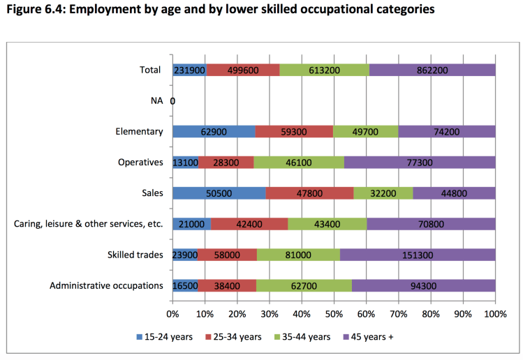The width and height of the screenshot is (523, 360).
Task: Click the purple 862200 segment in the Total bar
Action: pyautogui.click(x=432, y=70)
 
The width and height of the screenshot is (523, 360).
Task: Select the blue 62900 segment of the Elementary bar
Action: pyautogui.click(x=214, y=131)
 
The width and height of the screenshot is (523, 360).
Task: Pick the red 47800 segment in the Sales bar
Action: pyautogui.click(x=309, y=193)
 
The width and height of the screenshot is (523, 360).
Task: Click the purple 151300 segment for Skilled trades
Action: pyautogui.click(x=418, y=255)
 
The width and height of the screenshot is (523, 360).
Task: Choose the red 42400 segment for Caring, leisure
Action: pyautogui.click(x=249, y=224)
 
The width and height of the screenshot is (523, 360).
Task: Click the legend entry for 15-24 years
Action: pyautogui.click(x=164, y=337)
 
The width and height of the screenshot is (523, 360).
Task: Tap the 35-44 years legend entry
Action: pyautogui.click(x=301, y=337)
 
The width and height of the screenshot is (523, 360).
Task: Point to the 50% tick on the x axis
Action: pyautogui.click(x=334, y=313)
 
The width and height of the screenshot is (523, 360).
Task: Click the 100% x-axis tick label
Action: pyautogui.click(x=495, y=313)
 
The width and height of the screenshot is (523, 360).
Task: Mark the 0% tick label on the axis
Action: pyautogui.click(x=172, y=313)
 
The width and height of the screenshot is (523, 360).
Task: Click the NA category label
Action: pyautogui.click(x=156, y=100)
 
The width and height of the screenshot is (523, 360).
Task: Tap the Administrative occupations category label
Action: pyautogui.click(x=106, y=285)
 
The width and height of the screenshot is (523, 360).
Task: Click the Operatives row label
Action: pyautogui.click(x=140, y=162)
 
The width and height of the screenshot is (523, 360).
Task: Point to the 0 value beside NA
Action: pyautogui.click(x=172, y=101)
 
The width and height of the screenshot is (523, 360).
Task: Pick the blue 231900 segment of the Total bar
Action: pyautogui.click(x=189, y=70)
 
